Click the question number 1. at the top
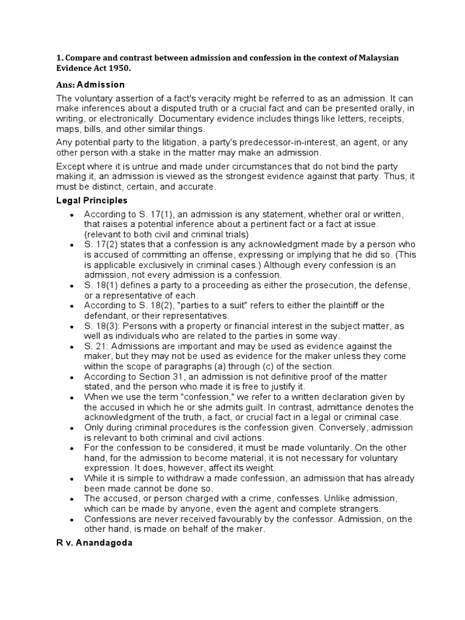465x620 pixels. point(59,58)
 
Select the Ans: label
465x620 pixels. point(65,85)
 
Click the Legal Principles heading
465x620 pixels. point(91,200)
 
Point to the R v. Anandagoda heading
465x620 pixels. point(94,543)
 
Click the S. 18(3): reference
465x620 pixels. point(103,326)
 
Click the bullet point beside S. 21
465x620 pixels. point(72,348)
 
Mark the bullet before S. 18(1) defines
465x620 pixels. point(72,285)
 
